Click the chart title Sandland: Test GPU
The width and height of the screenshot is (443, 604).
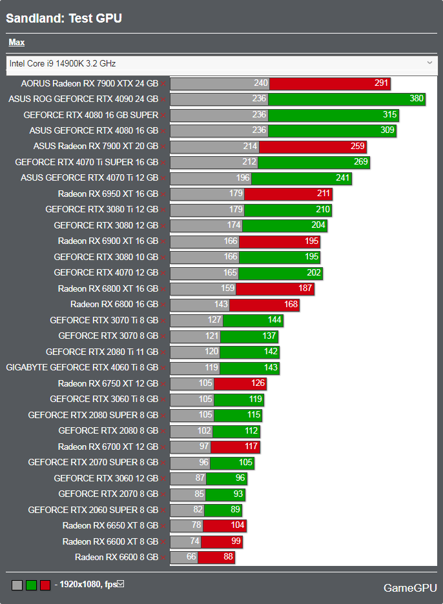pos(64,18)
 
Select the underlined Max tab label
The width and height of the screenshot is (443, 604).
pos(17,43)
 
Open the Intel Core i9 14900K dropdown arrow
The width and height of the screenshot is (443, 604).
pos(430,63)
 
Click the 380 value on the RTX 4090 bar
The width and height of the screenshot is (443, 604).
pos(417,99)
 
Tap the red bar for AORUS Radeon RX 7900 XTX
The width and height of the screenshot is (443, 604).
pos(329,83)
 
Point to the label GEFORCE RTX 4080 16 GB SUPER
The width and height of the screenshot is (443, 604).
pos(90,115)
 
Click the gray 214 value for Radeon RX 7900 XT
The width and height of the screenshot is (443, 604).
pos(250,146)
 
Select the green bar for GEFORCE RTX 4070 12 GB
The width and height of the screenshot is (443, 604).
pos(280,273)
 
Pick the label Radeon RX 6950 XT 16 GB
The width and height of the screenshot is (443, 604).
pos(108,194)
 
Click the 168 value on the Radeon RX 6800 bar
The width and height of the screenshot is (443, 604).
pos(290,305)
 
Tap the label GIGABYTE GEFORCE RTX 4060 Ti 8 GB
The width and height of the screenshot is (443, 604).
pos(82,368)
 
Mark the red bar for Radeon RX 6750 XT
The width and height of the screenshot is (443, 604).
pos(240,383)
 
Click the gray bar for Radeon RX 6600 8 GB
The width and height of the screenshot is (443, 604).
pos(184,557)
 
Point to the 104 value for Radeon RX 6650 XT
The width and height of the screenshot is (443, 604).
pos(237,525)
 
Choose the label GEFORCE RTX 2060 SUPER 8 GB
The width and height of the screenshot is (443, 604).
pos(93,510)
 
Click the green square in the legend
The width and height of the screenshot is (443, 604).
pos(31,585)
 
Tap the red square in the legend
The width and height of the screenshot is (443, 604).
pos(45,585)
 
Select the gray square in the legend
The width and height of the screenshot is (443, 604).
pos(17,585)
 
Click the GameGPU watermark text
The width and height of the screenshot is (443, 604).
pos(409,588)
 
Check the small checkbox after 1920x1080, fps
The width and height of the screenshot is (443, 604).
pos(120,584)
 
